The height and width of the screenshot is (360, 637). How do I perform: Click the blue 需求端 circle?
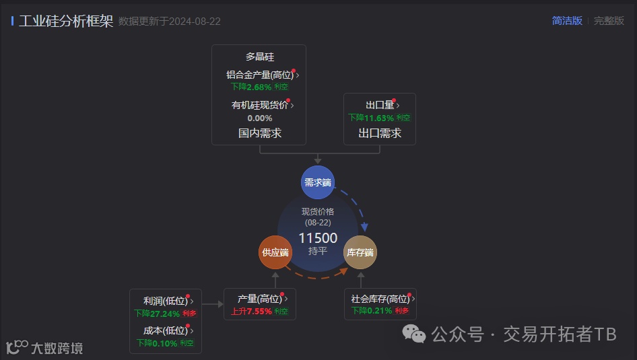317,182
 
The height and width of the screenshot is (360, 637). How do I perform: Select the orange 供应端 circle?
275,252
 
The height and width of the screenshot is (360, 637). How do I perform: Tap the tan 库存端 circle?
360,252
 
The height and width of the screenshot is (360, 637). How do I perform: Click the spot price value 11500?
318,238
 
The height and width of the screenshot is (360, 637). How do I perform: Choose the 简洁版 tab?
567,21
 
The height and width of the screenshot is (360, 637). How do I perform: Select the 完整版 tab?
609,21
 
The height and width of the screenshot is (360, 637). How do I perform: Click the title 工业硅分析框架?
66,21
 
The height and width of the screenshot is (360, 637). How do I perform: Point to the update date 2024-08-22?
195,22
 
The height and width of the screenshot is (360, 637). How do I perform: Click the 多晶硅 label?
259,57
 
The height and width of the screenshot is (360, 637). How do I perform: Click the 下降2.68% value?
251,87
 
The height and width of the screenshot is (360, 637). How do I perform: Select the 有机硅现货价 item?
260,105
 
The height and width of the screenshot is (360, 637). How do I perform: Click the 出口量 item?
380,105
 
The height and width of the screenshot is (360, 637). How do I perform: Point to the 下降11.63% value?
371,117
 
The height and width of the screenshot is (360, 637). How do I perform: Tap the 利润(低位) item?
166,301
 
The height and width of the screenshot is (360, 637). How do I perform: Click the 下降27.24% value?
157,313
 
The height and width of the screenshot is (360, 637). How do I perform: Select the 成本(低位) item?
166,330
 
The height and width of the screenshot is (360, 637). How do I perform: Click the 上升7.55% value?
251,311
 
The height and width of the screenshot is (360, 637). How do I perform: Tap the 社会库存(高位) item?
380,299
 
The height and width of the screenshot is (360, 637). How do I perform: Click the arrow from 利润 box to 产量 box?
212,304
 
